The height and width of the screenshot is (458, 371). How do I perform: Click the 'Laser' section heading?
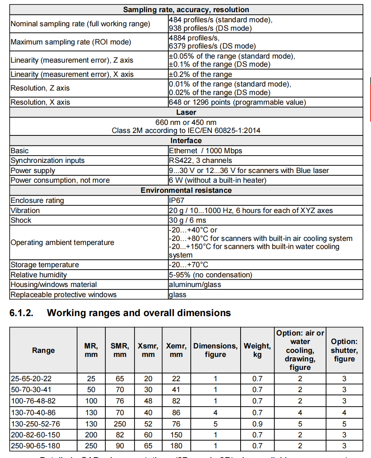point(186,112)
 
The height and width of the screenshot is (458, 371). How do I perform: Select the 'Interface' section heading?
point(186,141)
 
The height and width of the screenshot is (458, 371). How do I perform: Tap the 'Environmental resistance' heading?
point(186,190)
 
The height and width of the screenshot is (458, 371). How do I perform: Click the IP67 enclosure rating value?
point(177,201)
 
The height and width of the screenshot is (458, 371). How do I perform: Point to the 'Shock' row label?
point(21,220)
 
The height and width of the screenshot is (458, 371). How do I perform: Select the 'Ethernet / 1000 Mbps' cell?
point(205,151)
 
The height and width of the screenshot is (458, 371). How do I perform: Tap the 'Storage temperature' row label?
point(45,265)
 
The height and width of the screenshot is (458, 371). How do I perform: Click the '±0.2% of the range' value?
point(200,74)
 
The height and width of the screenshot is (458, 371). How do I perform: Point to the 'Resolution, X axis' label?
point(40,102)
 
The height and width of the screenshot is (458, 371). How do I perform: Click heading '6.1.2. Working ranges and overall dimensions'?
point(120,313)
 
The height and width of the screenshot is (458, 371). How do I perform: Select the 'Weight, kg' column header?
point(257,350)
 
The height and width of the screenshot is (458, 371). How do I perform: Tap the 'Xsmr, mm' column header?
point(149,350)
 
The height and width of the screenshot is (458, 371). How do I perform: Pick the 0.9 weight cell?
point(257,424)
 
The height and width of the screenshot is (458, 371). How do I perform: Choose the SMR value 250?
point(119,424)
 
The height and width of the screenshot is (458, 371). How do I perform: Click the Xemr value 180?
point(176,446)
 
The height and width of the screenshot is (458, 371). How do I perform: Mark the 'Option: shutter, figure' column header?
point(344,350)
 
